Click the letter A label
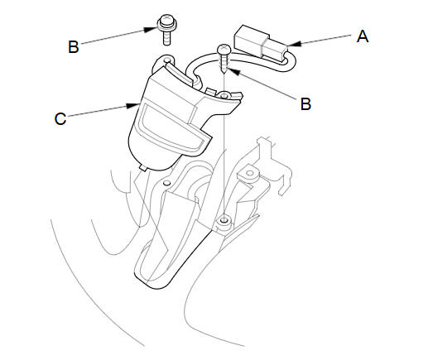click(363, 36)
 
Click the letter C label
click(60, 119)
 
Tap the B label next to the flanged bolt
click(74, 47)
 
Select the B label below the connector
click(305, 104)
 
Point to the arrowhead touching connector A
click(293, 44)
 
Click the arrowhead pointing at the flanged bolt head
click(151, 29)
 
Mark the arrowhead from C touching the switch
click(132, 106)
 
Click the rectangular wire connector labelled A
click(261, 43)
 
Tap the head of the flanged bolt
click(166, 23)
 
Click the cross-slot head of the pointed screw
click(224, 50)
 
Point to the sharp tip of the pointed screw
click(224, 72)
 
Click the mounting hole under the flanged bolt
click(167, 60)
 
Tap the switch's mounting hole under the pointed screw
click(224, 96)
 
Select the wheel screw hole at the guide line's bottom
click(224, 220)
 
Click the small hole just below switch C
click(166, 183)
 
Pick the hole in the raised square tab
click(250, 173)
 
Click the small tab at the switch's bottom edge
click(143, 167)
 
